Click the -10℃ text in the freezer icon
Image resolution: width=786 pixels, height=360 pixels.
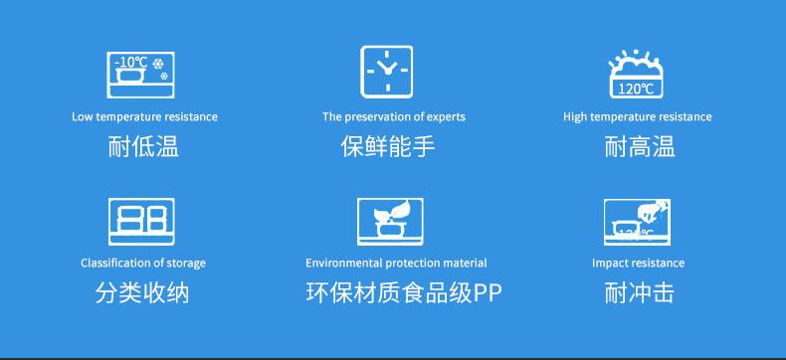(x=130, y=63)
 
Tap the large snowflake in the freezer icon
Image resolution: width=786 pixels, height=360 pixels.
(x=158, y=64)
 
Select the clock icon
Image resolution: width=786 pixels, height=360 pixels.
(x=387, y=72)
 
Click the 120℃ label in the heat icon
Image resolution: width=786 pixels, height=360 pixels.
(x=636, y=90)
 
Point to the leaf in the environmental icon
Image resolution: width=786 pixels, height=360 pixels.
(x=403, y=208)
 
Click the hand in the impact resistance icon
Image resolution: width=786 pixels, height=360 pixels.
(x=653, y=211)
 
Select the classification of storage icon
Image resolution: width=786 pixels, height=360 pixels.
(x=142, y=222)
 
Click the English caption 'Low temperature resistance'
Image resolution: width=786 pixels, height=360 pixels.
(x=145, y=116)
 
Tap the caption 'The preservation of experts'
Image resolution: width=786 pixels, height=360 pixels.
(x=394, y=116)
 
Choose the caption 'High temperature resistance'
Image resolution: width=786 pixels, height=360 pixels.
(x=638, y=116)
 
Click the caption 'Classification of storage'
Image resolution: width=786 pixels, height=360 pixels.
(x=143, y=263)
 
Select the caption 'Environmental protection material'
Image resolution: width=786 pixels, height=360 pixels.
(x=396, y=263)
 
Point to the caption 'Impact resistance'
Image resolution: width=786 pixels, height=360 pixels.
(x=638, y=263)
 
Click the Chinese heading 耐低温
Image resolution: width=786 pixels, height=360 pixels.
(x=143, y=147)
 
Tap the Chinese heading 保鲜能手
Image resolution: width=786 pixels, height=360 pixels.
(x=388, y=147)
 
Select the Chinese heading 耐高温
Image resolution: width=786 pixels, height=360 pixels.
(x=640, y=147)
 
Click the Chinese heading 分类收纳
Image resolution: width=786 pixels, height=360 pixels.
(x=142, y=293)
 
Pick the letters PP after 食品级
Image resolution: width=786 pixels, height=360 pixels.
(x=488, y=294)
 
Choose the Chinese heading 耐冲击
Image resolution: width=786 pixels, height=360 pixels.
(x=639, y=293)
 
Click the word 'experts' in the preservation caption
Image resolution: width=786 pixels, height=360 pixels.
(x=446, y=117)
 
